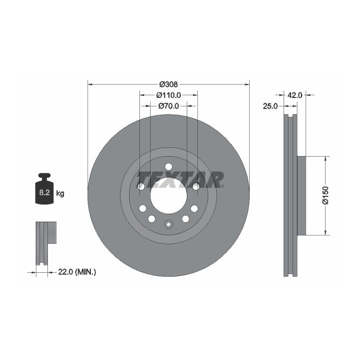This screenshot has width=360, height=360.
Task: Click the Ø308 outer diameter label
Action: [x=168, y=84]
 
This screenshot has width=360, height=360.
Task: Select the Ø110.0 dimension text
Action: [x=168, y=95]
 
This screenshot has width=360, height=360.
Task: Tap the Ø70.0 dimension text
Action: [x=168, y=106]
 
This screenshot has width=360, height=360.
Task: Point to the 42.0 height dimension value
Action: [x=295, y=95]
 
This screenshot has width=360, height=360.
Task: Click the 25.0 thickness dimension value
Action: [x=270, y=106]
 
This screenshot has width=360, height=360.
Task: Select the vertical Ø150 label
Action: [x=325, y=196]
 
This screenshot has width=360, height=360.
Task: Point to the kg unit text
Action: [x=60, y=193]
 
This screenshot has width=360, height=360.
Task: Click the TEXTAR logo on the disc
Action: [x=180, y=179]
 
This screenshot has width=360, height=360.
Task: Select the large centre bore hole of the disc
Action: [x=168, y=196]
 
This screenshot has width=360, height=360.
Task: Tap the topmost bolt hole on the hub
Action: [x=168, y=166]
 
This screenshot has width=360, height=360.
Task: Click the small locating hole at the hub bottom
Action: [x=168, y=225]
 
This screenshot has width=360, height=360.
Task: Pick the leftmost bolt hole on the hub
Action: [x=140, y=186]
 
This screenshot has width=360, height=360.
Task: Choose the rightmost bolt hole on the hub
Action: [x=196, y=186]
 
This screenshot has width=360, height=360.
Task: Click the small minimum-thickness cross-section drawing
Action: [x=45, y=242]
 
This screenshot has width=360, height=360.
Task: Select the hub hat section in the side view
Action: [x=301, y=196]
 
